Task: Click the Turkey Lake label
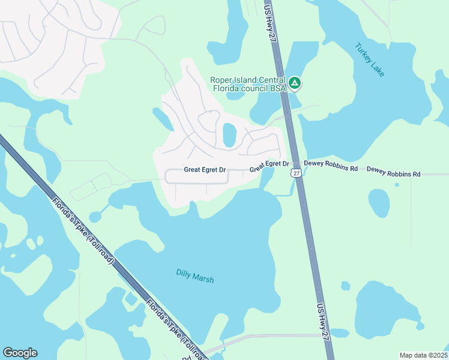pos(369,59)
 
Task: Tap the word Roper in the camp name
pos(221,80)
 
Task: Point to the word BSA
pos(277,89)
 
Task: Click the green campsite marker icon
pos(294,83)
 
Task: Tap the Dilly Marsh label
pos(194,275)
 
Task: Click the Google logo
pos(20,353)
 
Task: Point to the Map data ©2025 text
pos(423,355)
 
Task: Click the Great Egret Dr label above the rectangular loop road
pos(205,170)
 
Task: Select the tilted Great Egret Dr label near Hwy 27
pos(270,165)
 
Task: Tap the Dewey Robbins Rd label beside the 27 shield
pos(331,166)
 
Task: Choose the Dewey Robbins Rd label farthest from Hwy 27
pos(393,172)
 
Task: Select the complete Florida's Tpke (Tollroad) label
pos(82,231)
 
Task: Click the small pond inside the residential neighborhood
pos(229,135)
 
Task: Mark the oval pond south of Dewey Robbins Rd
pos(379,203)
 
